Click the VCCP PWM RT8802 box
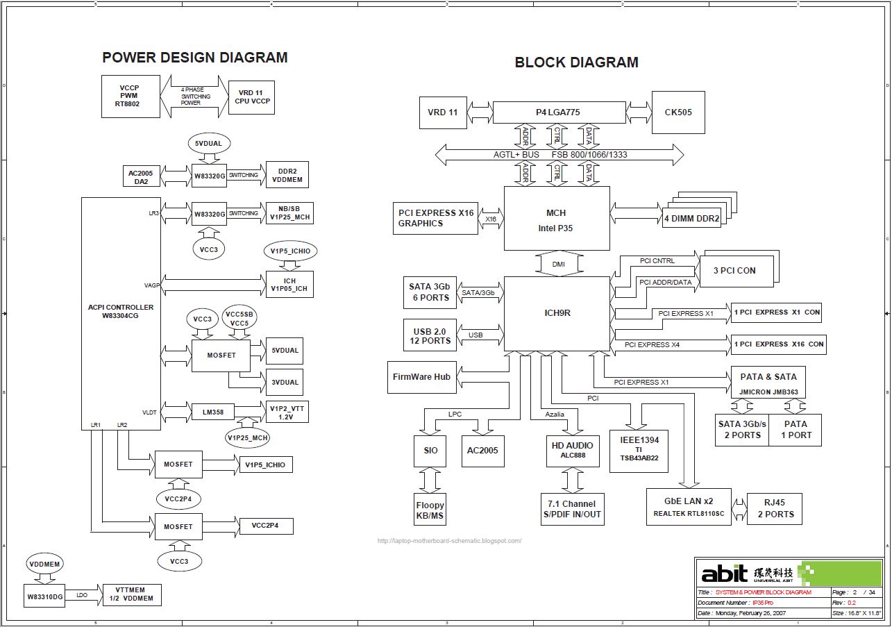(130, 97)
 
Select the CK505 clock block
(678, 112)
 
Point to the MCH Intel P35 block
(556, 218)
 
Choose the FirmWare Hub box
(421, 377)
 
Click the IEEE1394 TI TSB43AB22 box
(639, 449)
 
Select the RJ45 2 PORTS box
(775, 509)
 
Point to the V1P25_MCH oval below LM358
(247, 437)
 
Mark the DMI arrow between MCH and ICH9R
(557, 264)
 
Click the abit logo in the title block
(724, 573)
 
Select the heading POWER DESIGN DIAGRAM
(194, 58)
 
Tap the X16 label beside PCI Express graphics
(491, 219)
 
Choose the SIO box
(430, 450)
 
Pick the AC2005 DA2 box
(140, 176)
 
